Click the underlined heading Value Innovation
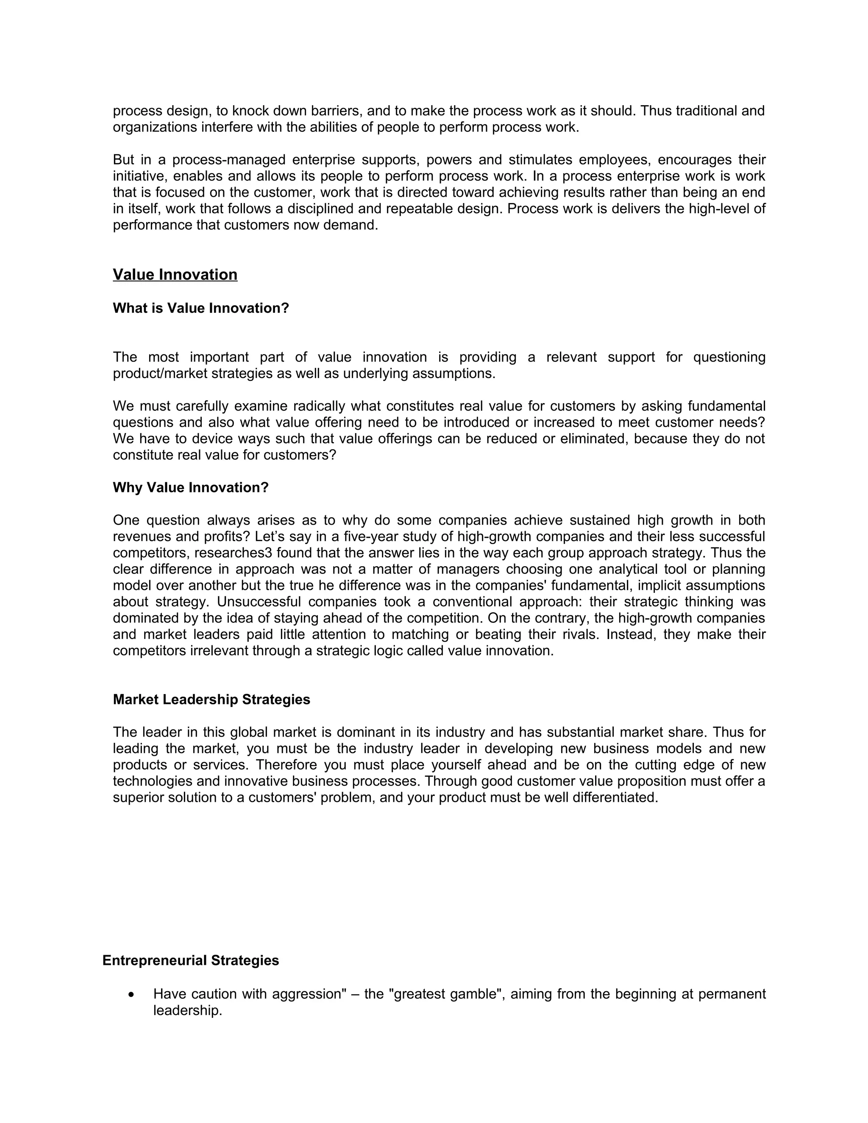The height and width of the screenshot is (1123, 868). tap(175, 275)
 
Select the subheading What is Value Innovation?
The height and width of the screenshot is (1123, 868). tap(200, 308)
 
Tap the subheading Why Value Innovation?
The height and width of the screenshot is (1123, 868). tap(190, 487)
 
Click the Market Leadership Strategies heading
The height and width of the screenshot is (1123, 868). tap(211, 699)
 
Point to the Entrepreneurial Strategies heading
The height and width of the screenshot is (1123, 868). tap(190, 961)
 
